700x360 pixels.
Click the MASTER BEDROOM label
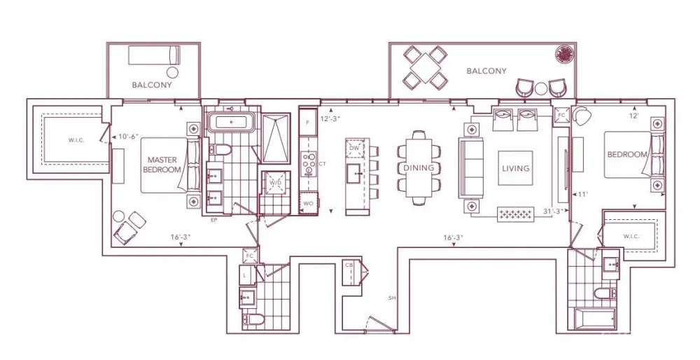[x=162, y=165]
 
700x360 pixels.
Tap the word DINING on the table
[x=419, y=168]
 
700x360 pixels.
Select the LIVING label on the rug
[x=515, y=168]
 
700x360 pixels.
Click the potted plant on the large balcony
[x=563, y=54]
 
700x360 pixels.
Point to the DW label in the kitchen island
[x=355, y=148]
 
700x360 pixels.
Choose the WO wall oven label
[x=308, y=204]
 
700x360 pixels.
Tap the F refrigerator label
[x=307, y=122]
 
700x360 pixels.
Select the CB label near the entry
[x=349, y=265]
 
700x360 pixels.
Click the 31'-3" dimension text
[x=552, y=210]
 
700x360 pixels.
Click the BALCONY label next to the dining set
[x=486, y=71]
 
